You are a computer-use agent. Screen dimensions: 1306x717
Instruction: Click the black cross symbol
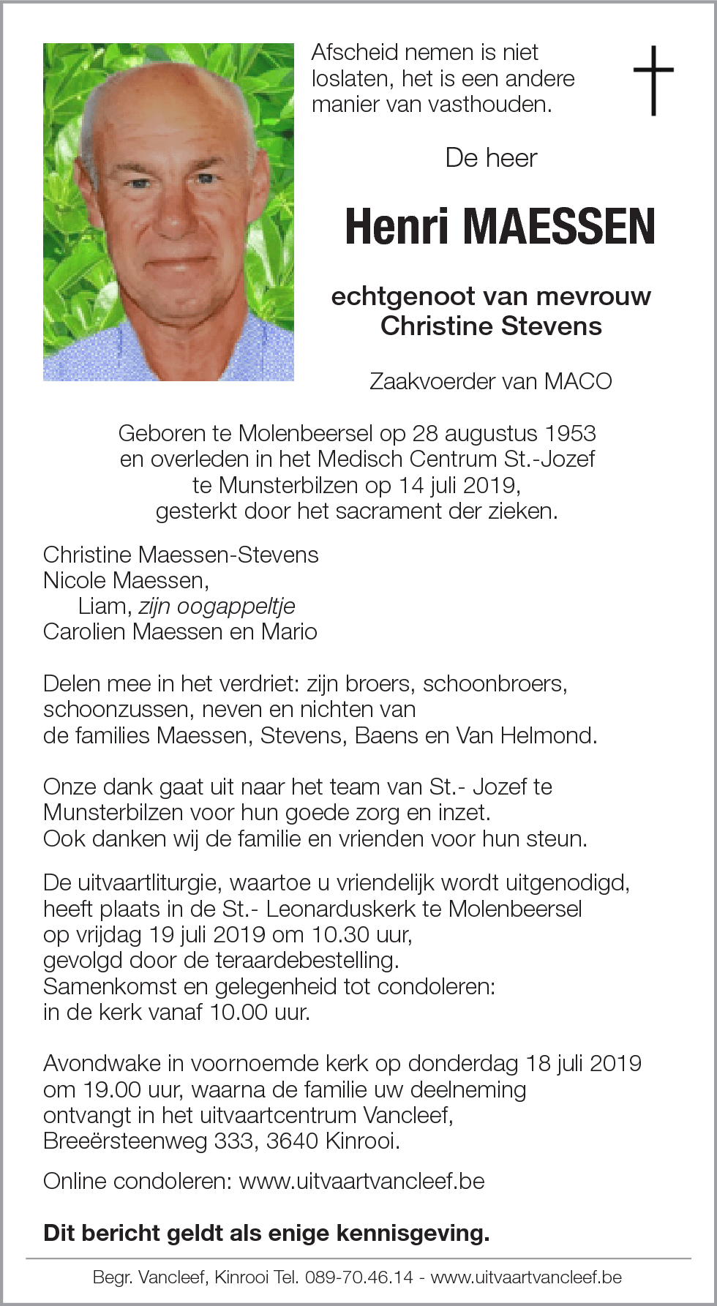(x=653, y=80)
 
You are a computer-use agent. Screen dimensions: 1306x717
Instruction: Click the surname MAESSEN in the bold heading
(x=559, y=227)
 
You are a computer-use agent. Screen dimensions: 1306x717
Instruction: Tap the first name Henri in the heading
(x=396, y=227)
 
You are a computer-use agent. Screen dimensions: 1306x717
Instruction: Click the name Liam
(x=105, y=606)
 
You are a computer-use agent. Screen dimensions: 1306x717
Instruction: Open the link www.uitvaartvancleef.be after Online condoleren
(x=361, y=1181)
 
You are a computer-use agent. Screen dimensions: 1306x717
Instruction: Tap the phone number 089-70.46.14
(x=359, y=1277)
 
